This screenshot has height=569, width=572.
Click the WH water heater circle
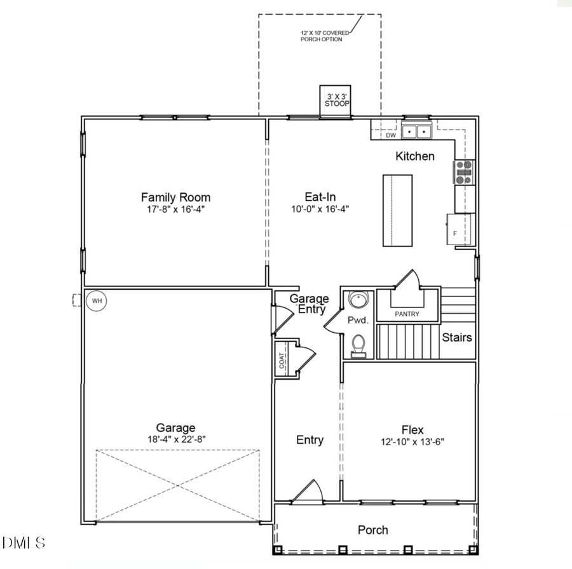[x=96, y=300]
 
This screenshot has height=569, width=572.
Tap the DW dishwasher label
[x=391, y=135]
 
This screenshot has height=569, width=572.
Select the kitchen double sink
[x=417, y=131]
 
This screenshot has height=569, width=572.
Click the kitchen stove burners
[x=464, y=172]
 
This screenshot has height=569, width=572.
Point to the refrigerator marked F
[x=460, y=229]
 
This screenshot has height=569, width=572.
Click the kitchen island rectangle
[x=397, y=210]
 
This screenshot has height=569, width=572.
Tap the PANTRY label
[x=407, y=314]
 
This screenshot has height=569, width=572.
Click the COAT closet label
[x=282, y=361]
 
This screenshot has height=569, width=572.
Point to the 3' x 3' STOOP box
[x=337, y=100]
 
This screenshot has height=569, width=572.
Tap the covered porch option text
[x=324, y=36]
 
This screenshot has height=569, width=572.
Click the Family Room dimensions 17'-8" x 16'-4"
[x=175, y=209]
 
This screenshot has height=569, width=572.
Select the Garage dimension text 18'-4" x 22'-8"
[x=176, y=439]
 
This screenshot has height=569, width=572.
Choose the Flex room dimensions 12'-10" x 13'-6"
[x=412, y=441]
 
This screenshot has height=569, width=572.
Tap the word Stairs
[x=457, y=337]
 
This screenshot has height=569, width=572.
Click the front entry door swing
[x=310, y=491]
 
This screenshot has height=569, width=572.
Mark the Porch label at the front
[x=372, y=530]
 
